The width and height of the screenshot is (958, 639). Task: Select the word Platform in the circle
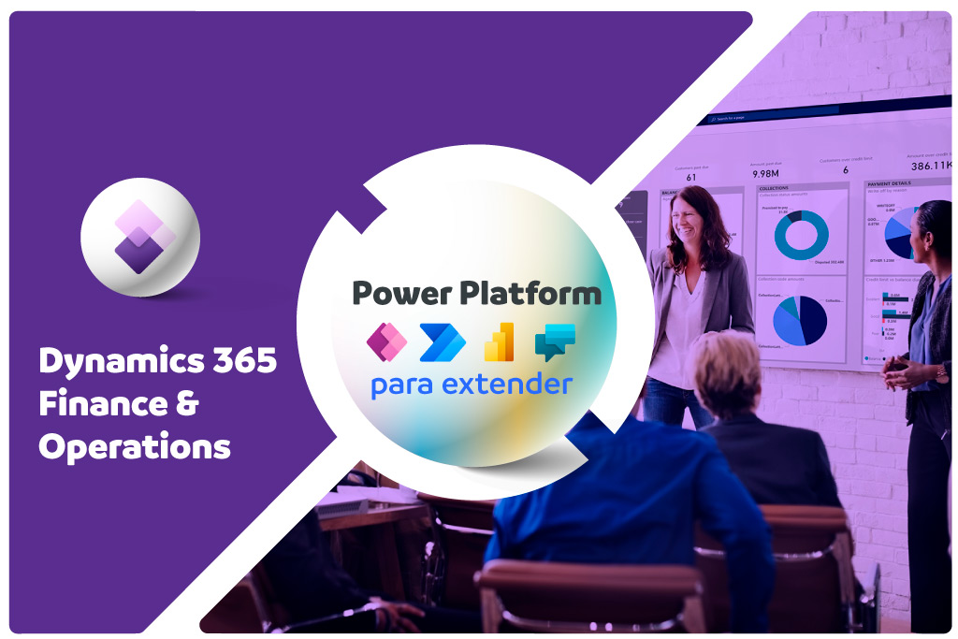point(529,294)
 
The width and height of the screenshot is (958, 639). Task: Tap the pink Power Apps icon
point(387,342)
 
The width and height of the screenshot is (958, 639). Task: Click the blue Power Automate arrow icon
point(443,342)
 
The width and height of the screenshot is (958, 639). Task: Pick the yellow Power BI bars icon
point(500,342)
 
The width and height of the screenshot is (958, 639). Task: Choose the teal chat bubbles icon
point(555,342)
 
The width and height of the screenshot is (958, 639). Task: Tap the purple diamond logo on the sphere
point(139,237)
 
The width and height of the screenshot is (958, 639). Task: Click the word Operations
point(135,447)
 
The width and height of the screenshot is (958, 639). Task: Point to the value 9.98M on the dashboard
point(766,172)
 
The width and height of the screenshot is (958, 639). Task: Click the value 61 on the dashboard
point(691,177)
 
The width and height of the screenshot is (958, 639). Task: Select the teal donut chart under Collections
point(800,234)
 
